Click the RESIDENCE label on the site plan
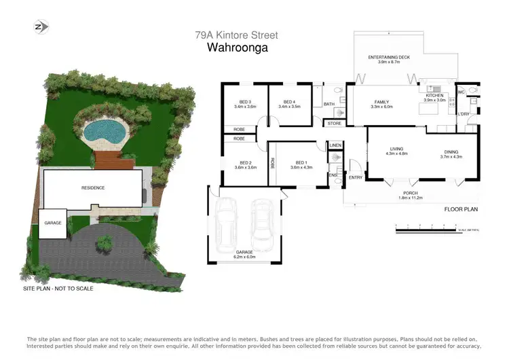(93, 187)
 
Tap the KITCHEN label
(434, 97)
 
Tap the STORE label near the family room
(334, 124)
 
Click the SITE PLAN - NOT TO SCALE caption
(58, 289)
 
